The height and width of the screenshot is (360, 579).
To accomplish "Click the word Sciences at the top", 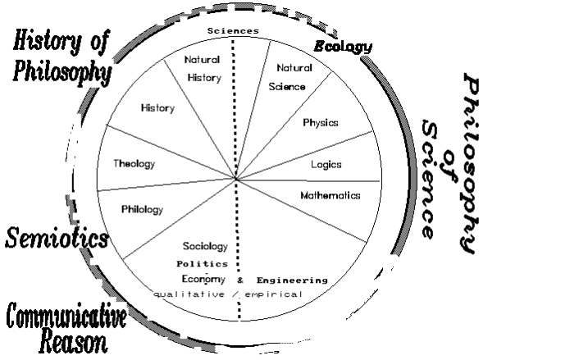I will point(233,30).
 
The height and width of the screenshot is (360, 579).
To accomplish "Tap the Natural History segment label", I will point(202,69).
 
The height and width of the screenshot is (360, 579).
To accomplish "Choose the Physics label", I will point(321,123).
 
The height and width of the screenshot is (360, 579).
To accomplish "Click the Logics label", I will point(326,164).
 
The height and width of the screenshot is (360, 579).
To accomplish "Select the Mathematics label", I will point(330,196).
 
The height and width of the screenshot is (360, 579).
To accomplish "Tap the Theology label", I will point(134,163).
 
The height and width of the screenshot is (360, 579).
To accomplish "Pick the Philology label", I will point(141,209).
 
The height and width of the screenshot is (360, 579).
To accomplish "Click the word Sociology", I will point(205,246).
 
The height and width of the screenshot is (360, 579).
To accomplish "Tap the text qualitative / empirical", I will point(228,294).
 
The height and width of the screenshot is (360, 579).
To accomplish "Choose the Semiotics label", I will point(57,239).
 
